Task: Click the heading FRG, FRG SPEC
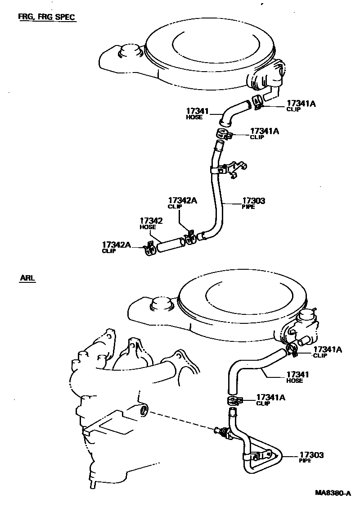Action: click(x=46, y=17)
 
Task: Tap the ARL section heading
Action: click(x=27, y=278)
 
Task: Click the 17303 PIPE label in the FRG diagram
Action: click(x=254, y=203)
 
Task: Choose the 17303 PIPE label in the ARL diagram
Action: click(x=312, y=457)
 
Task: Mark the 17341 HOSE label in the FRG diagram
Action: click(x=197, y=113)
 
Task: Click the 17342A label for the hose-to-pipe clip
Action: click(x=182, y=203)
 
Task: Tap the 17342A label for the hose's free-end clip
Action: click(x=116, y=247)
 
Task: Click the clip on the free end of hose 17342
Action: click(x=149, y=249)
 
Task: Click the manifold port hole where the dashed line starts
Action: click(x=144, y=410)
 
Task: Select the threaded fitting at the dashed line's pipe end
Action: click(x=222, y=432)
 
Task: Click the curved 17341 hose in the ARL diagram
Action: click(x=252, y=367)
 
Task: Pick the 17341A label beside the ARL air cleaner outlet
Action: click(x=327, y=351)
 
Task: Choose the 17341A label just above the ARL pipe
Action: click(x=270, y=399)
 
